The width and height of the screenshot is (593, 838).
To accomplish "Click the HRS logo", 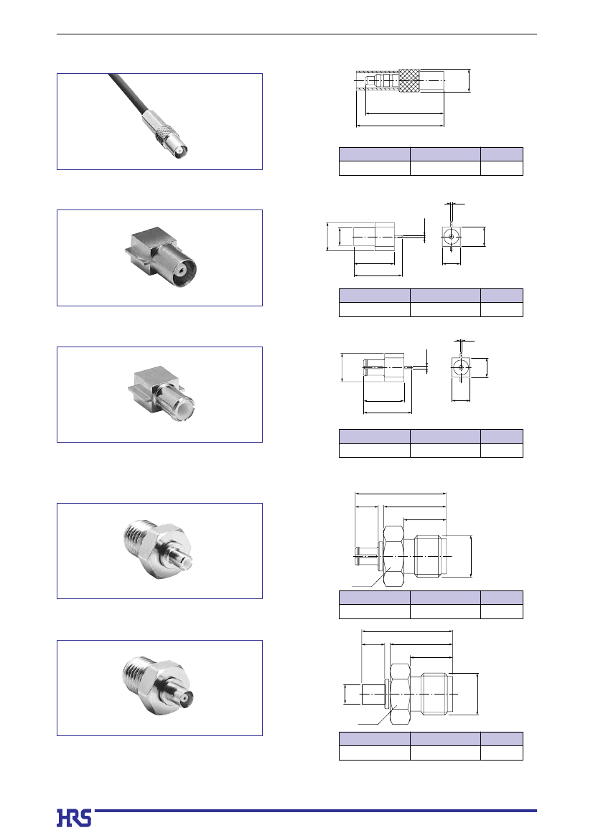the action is click(x=74, y=818).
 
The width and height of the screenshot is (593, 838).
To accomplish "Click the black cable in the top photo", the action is click(x=127, y=93).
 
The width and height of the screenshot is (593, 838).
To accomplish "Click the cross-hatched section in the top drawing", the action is click(x=410, y=80).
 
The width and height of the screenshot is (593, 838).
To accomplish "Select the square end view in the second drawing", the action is click(x=452, y=236).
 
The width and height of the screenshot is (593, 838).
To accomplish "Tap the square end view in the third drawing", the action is click(x=460, y=367).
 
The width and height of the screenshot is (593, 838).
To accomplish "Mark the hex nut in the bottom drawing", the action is click(x=400, y=694).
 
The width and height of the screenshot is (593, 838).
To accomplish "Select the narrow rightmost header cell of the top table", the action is click(x=502, y=154).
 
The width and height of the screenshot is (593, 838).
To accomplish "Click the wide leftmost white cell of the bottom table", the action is click(x=374, y=753).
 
